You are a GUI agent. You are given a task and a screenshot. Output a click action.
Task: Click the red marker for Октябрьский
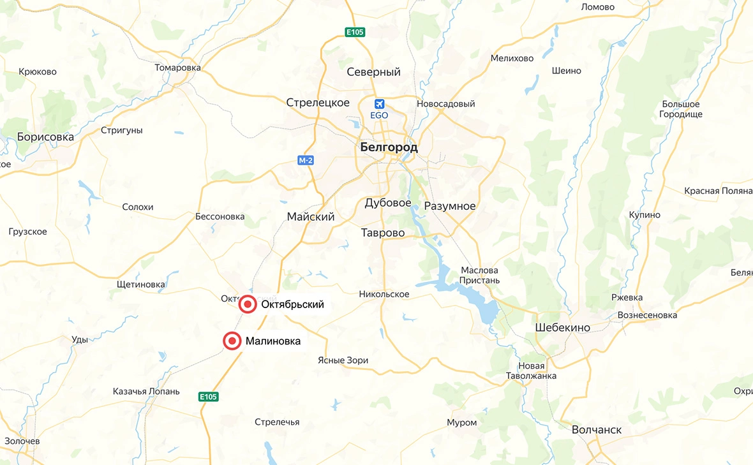click(x=248, y=305)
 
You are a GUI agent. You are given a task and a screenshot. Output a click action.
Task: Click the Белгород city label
click(x=389, y=147)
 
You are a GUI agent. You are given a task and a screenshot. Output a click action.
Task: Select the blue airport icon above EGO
click(x=380, y=103)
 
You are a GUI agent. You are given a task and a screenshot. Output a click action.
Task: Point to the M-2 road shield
click(x=306, y=160)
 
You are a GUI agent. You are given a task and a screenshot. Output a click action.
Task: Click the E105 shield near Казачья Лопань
click(x=209, y=397)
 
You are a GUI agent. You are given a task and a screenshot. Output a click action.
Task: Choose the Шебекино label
click(x=562, y=328)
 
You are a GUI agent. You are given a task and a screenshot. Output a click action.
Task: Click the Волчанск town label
click(x=597, y=430)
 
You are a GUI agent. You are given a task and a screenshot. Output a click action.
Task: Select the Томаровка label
click(x=177, y=68)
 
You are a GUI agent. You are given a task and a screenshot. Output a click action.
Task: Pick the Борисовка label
click(x=45, y=137)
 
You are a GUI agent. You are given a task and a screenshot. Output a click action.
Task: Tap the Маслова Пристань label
click(x=480, y=275)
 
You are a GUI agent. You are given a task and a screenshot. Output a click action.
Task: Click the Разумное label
click(x=450, y=206)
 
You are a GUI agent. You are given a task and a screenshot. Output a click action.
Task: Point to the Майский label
click(x=311, y=217)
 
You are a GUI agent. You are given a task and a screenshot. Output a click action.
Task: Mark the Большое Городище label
click(x=681, y=109)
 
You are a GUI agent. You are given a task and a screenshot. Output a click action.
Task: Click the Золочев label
click(x=22, y=441)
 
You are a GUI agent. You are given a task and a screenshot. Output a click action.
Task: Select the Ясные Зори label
click(x=343, y=360)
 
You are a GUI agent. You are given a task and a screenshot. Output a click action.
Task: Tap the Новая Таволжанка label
click(x=532, y=371)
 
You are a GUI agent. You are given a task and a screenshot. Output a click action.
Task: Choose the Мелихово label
click(x=512, y=58)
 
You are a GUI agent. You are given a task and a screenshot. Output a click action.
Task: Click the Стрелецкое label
click(x=318, y=103)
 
